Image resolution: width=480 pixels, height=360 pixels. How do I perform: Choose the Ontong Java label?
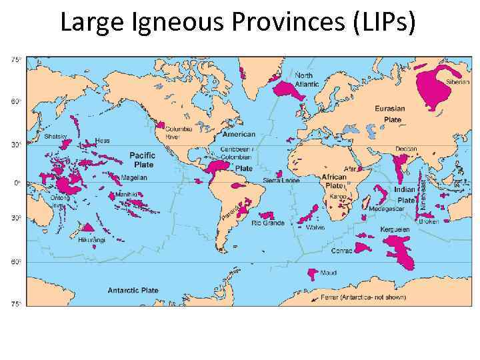click(x=60, y=201)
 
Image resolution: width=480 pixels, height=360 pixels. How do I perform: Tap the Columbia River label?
click(x=179, y=133)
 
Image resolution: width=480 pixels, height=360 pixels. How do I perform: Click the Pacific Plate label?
click(x=142, y=159)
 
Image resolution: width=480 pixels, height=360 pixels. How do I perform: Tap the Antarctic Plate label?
click(x=133, y=291)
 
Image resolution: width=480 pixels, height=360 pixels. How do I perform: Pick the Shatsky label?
click(x=56, y=136)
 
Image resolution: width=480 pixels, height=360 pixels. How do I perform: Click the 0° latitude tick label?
click(x=15, y=182)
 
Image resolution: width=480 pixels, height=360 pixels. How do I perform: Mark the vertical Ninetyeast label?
click(x=423, y=189)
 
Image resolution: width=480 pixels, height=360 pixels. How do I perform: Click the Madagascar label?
click(x=386, y=208)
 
